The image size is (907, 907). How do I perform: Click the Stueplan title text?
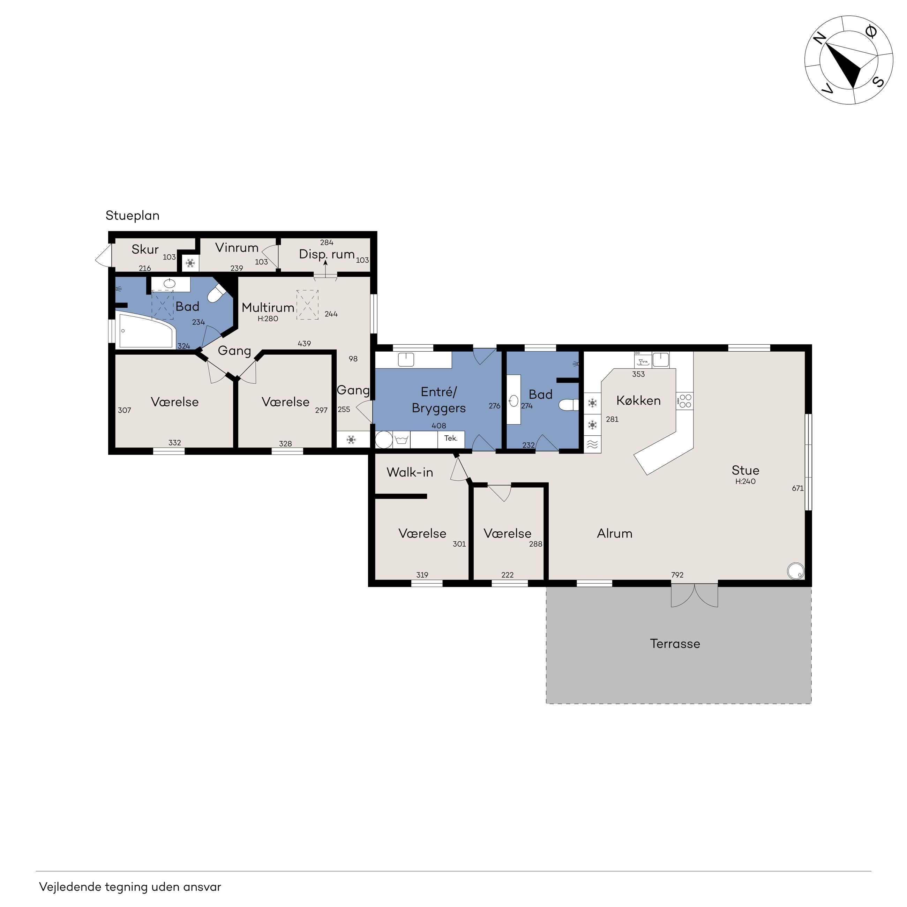point(133,216)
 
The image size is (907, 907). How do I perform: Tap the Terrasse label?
point(675,644)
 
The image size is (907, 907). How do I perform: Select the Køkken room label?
point(638,400)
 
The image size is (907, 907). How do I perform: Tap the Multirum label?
point(268,307)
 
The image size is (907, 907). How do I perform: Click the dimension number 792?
point(677,575)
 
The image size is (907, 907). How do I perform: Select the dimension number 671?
point(797,488)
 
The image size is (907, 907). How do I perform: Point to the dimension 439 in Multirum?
point(304,344)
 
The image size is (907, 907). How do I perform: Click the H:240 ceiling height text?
point(745,481)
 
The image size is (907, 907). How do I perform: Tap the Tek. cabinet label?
point(451,438)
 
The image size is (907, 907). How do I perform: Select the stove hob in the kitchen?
point(685,401)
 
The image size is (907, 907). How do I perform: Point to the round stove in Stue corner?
point(795,571)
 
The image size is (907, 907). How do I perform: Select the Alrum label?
point(615,533)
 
